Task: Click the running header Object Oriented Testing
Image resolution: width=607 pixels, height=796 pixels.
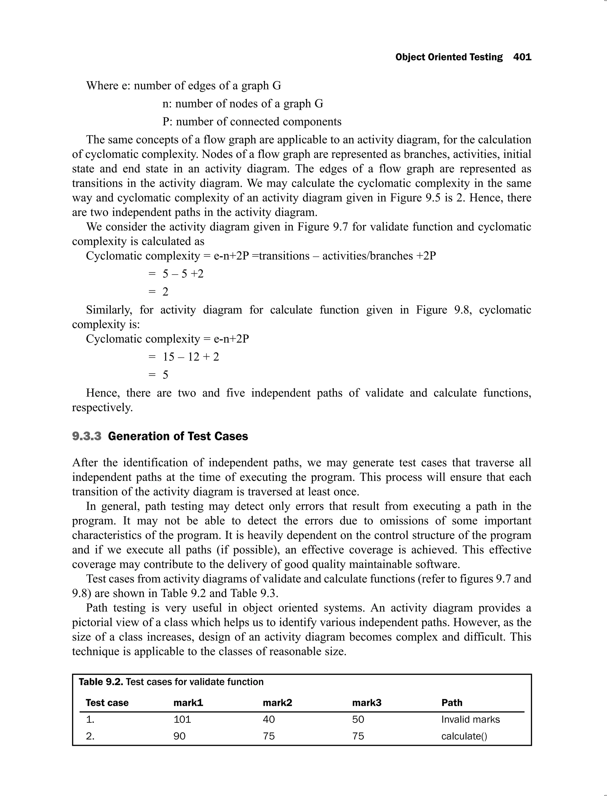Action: pyautogui.click(x=449, y=57)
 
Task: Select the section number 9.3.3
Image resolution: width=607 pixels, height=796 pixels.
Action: pyautogui.click(x=87, y=436)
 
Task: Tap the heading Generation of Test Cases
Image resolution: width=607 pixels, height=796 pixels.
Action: pyautogui.click(x=178, y=436)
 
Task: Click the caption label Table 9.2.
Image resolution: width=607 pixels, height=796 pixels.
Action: pyautogui.click(x=101, y=682)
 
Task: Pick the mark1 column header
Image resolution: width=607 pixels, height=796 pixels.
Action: pyautogui.click(x=188, y=703)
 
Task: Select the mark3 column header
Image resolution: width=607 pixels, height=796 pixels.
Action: pyautogui.click(x=366, y=703)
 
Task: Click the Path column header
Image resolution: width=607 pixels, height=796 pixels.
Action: pyautogui.click(x=452, y=703)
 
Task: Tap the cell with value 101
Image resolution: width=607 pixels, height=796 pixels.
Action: pyautogui.click(x=182, y=719)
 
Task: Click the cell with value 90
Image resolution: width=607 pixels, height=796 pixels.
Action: pyautogui.click(x=180, y=736)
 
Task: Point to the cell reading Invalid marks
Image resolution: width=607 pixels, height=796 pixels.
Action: pyautogui.click(x=470, y=719)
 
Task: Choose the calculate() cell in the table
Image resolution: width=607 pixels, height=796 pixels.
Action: pyautogui.click(x=464, y=736)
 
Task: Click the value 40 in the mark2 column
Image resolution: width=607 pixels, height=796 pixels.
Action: pyautogui.click(x=269, y=719)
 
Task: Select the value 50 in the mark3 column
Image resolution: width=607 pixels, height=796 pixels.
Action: pyautogui.click(x=358, y=719)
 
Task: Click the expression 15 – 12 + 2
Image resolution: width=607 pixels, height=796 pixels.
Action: pyautogui.click(x=191, y=357)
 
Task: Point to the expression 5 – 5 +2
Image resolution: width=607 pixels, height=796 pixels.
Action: pyautogui.click(x=183, y=274)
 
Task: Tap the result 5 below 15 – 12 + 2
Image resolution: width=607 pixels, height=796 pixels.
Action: pyautogui.click(x=165, y=375)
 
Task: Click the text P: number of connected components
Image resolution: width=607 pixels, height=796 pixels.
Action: pyautogui.click(x=252, y=122)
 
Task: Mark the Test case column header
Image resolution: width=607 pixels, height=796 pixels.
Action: pyautogui.click(x=107, y=703)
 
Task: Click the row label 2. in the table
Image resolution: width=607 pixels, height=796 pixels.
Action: pyautogui.click(x=90, y=736)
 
